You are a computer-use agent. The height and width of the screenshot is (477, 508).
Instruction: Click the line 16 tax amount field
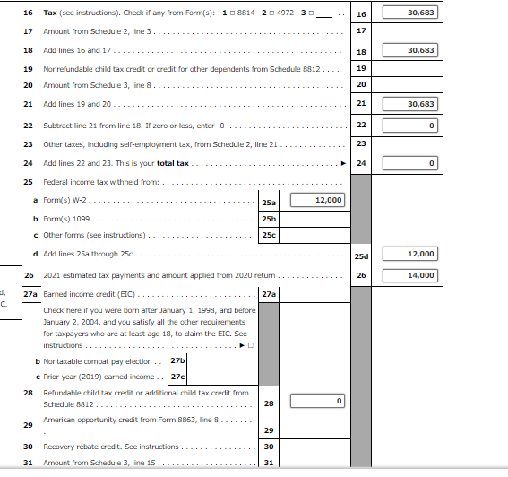410,13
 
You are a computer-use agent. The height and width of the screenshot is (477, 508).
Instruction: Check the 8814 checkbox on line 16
232,13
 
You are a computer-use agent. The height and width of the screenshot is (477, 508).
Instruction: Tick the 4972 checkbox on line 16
271,13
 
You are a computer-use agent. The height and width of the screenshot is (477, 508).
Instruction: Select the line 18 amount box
410,50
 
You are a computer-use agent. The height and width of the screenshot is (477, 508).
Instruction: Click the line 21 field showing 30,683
410,104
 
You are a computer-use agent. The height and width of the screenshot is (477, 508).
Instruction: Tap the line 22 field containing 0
410,126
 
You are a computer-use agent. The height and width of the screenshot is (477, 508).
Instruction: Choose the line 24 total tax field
410,163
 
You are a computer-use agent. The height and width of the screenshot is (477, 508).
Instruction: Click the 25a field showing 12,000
317,200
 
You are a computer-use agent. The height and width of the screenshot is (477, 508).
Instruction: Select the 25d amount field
410,254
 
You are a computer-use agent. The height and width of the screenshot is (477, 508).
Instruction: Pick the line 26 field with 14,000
410,275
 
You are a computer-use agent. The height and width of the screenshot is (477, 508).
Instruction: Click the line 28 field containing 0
317,401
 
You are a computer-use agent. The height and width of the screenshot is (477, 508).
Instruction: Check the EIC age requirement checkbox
251,345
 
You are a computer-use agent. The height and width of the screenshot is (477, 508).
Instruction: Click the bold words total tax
173,163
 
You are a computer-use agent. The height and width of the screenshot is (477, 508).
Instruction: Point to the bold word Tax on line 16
50,13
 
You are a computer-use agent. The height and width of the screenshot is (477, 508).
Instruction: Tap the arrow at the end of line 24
343,163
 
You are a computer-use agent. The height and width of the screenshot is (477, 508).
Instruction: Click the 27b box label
177,360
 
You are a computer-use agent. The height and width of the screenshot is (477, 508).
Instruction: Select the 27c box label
177,377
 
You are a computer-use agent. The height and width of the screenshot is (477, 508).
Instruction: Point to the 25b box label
269,219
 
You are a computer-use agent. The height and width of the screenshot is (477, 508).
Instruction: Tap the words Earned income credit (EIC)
89,294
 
